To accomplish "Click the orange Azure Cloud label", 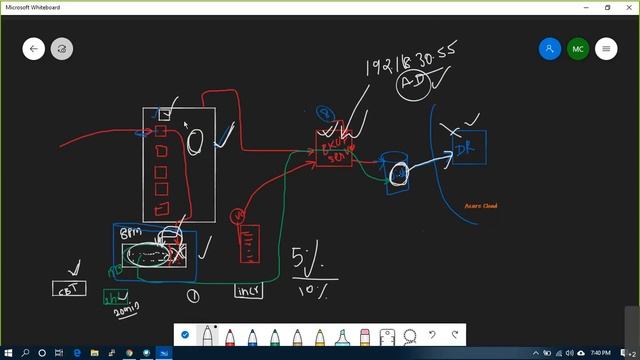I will point(481,206).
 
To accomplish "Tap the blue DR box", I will point(465,149).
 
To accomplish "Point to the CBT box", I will point(69,289).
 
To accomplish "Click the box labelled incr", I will point(248,291).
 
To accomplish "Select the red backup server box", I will point(334,150).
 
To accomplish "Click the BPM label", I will point(131,233).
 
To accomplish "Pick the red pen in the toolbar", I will point(231,336).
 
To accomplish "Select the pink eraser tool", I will point(365,336).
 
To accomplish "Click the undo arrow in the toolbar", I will point(432,335).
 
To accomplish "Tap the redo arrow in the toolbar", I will point(455,335).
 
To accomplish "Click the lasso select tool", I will point(410,336).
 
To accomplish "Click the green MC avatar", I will point(577,48).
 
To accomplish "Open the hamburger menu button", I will point(605,48).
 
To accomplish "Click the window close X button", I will point(628,7).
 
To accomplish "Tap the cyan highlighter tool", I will point(343,336).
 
